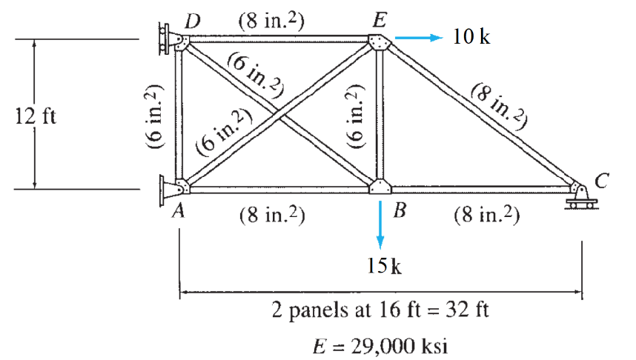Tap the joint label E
pyautogui.click(x=379, y=20)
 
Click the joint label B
pyautogui.click(x=400, y=212)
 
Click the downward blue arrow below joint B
pyautogui.click(x=380, y=223)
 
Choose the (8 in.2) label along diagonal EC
pyautogui.click(x=499, y=104)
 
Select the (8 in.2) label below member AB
pyautogui.click(x=273, y=216)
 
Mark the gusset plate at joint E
pyautogui.click(x=379, y=44)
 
